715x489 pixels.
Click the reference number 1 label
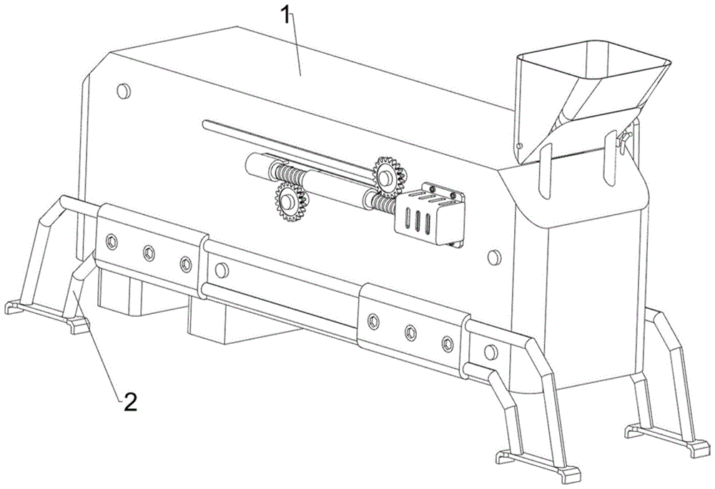(x=285, y=16)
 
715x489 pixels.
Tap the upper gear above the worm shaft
(x=389, y=177)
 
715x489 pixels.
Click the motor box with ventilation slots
(x=430, y=216)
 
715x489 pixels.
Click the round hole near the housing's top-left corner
(x=124, y=91)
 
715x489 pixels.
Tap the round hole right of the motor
(x=494, y=257)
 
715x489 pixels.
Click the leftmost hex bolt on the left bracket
(x=112, y=241)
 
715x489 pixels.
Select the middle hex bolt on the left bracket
(x=149, y=252)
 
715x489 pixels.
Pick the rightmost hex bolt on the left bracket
(x=186, y=264)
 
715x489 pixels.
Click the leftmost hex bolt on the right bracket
(x=373, y=322)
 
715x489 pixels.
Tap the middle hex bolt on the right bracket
(x=410, y=332)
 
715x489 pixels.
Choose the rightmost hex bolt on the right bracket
(x=448, y=344)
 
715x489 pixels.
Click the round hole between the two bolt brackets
(x=221, y=271)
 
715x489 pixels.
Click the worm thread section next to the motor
(x=384, y=204)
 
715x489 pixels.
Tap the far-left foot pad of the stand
(x=14, y=307)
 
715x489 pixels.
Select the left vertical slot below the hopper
(x=545, y=171)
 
